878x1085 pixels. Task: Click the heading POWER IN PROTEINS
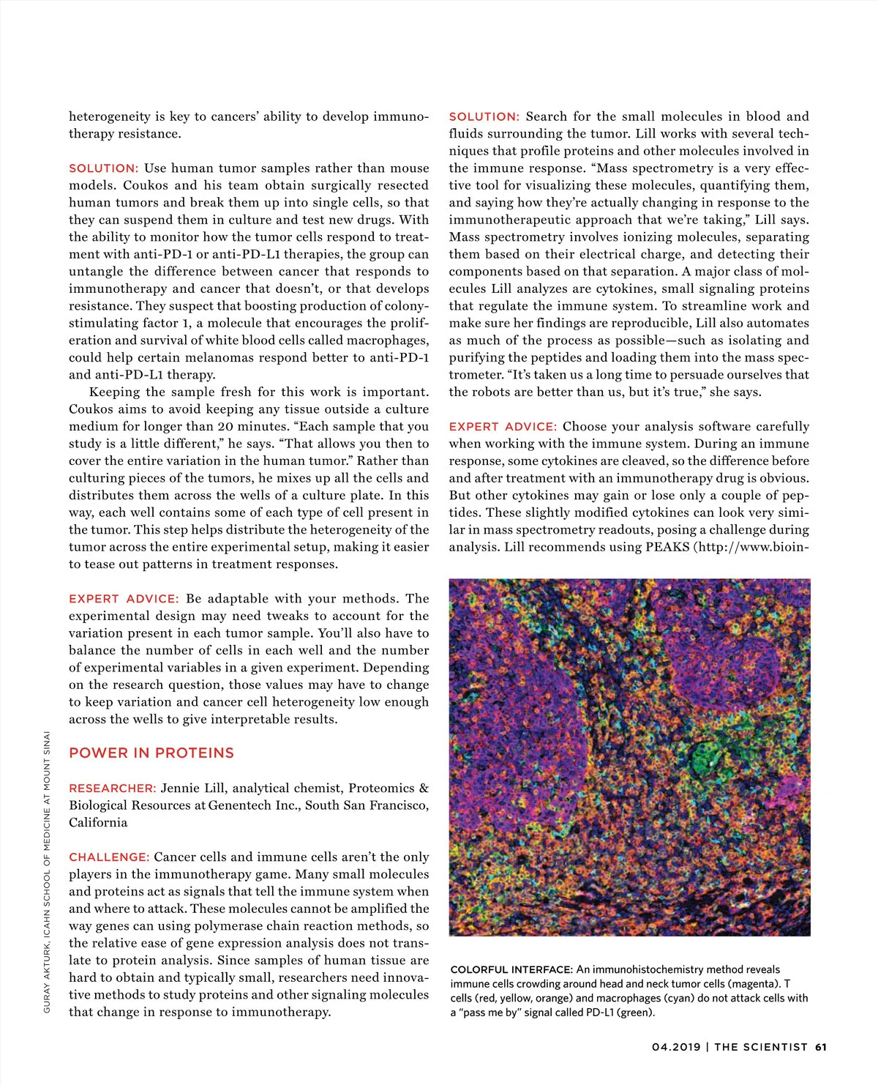point(151,753)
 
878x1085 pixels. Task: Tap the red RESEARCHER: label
point(112,788)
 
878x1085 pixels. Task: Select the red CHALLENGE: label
point(109,857)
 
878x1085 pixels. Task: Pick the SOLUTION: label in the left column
point(103,168)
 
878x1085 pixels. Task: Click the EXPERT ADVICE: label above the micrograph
point(503,427)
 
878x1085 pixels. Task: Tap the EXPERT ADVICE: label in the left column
point(124,599)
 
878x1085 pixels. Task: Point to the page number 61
point(821,1047)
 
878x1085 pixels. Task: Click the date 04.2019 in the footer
point(676,1047)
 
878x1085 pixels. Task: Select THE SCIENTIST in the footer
point(761,1047)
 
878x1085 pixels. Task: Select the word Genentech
point(241,805)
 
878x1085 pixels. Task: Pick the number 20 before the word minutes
point(225,427)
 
